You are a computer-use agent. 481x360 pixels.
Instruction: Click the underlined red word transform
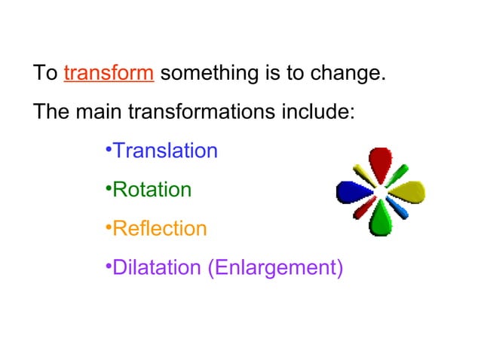tap(109, 75)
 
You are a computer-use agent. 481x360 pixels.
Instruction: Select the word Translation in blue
tap(164, 151)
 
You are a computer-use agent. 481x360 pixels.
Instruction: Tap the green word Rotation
tap(152, 190)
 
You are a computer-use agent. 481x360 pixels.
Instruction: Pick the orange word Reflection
tap(159, 229)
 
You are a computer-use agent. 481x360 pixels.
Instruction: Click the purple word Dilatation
tap(156, 268)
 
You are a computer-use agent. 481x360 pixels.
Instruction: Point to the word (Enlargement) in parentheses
tap(274, 268)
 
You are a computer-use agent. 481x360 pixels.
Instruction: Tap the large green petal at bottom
tap(380, 221)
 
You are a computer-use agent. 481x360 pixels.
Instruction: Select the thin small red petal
tap(363, 209)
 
